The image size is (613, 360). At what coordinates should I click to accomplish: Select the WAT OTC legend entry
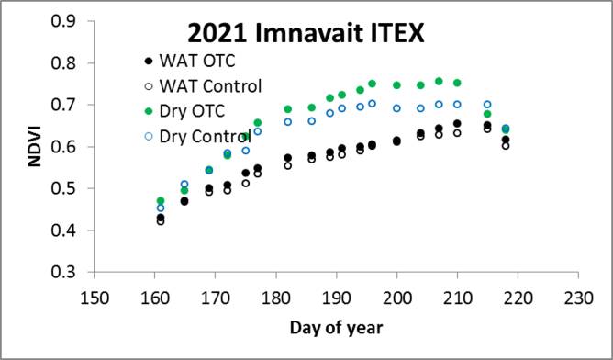196,63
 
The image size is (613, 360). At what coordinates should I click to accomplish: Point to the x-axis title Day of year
337,326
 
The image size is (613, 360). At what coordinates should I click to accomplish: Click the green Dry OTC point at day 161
161,201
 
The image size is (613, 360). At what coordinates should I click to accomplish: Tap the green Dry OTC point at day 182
288,109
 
